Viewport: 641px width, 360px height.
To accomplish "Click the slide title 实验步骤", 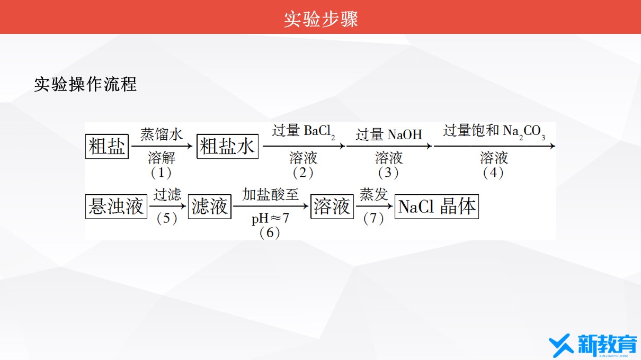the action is pyautogui.click(x=321, y=19).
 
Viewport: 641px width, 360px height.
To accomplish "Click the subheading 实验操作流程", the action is pyautogui.click(x=85, y=84).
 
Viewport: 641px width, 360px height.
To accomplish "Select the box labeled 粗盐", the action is pyautogui.click(x=107, y=147).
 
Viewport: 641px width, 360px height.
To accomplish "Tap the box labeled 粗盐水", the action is pyautogui.click(x=227, y=147).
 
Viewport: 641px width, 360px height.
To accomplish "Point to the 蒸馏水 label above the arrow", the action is pyautogui.click(x=162, y=134).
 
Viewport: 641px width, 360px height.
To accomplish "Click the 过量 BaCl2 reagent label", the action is pyautogui.click(x=304, y=131).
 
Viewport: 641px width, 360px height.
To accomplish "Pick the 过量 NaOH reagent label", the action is pyautogui.click(x=389, y=134).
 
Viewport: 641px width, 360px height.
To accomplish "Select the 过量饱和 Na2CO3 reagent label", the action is pyautogui.click(x=494, y=131).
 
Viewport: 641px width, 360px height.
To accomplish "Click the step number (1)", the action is pyautogui.click(x=161, y=173).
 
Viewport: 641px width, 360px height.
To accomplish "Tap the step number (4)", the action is pyautogui.click(x=493, y=173).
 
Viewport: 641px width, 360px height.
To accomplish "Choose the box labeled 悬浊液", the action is pyautogui.click(x=116, y=206).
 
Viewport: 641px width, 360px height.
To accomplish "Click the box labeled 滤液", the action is pyautogui.click(x=210, y=206).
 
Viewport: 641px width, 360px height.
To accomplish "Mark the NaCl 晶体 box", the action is pyautogui.click(x=437, y=206).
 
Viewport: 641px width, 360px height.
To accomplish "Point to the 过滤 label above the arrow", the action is pyautogui.click(x=167, y=194).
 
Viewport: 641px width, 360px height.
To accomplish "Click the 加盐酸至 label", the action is pyautogui.click(x=270, y=194).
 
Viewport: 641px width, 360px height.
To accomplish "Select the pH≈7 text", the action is pyautogui.click(x=270, y=219).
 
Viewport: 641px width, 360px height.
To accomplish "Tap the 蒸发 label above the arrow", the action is pyautogui.click(x=373, y=194).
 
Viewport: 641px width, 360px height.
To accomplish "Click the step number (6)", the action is pyautogui.click(x=270, y=233).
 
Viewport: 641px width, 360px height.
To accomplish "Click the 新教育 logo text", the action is pyautogui.click(x=607, y=344).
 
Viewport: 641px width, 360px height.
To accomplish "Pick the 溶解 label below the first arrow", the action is pyautogui.click(x=162, y=158).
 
